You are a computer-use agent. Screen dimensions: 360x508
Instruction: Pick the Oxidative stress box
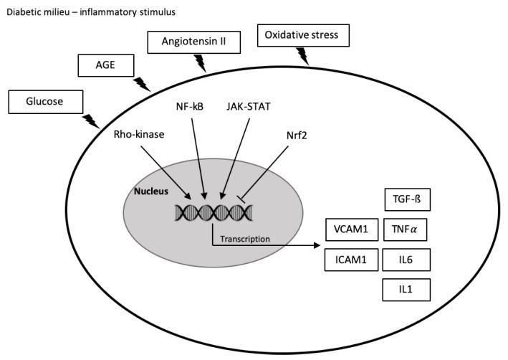[307, 34]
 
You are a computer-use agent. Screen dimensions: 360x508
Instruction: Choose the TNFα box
[406, 230]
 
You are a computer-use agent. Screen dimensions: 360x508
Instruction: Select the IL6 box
[406, 260]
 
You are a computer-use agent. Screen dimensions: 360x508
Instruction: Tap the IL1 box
[406, 289]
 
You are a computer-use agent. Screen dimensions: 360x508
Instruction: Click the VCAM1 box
[350, 230]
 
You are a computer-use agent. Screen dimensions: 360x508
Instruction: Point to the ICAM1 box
[350, 260]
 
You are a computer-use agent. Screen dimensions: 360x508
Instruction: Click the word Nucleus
[152, 191]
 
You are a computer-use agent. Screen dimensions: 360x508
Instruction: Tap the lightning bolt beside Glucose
[91, 120]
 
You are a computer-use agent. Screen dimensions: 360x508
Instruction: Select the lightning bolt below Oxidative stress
[303, 55]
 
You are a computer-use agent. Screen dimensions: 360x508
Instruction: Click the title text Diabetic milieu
[39, 12]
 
